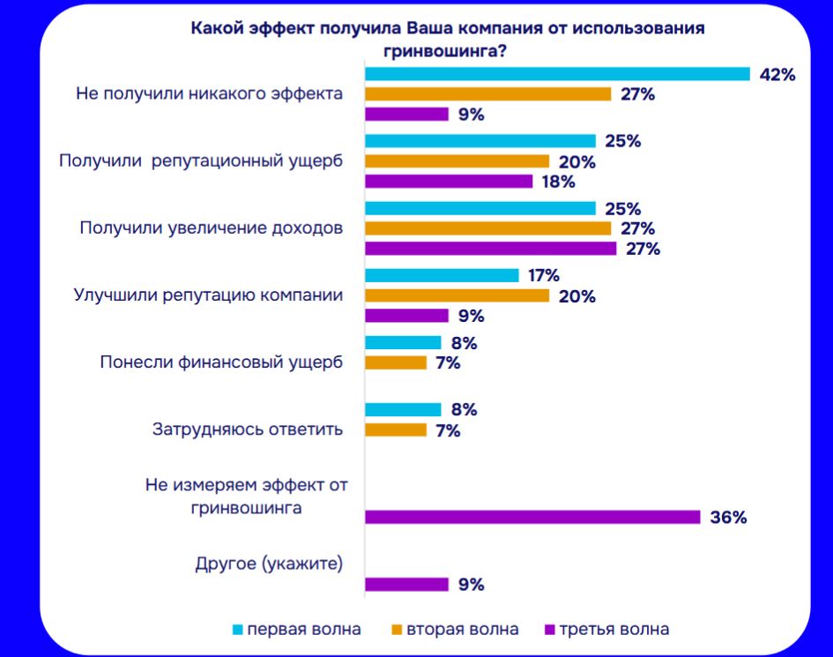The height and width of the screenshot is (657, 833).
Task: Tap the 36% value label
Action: coord(728,518)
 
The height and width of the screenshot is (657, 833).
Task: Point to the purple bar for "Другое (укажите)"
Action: coord(406,584)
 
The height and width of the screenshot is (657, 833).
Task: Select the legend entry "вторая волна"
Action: coord(455,629)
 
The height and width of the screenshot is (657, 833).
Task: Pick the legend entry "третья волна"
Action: coord(607,629)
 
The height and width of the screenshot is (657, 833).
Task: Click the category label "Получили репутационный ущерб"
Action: coord(200,161)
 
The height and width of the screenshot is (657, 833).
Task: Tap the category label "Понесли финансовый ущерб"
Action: coord(220,362)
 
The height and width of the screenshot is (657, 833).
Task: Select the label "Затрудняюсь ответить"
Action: coord(247,429)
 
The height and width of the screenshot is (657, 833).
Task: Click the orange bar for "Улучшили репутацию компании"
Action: coord(457,296)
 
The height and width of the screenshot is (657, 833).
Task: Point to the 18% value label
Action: coord(558,182)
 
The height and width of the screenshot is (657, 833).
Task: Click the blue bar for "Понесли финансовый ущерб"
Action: coord(403,342)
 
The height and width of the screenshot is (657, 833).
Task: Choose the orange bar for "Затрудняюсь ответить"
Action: coord(396,430)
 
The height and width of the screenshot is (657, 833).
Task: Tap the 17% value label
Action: coord(543,275)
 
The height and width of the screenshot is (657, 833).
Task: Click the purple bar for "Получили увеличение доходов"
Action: coord(491,249)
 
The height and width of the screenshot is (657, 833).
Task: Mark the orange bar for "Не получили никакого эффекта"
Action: coord(487,94)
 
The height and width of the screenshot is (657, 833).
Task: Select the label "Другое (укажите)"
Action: coord(268,564)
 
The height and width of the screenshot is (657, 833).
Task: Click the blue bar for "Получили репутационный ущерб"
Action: coord(480,141)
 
